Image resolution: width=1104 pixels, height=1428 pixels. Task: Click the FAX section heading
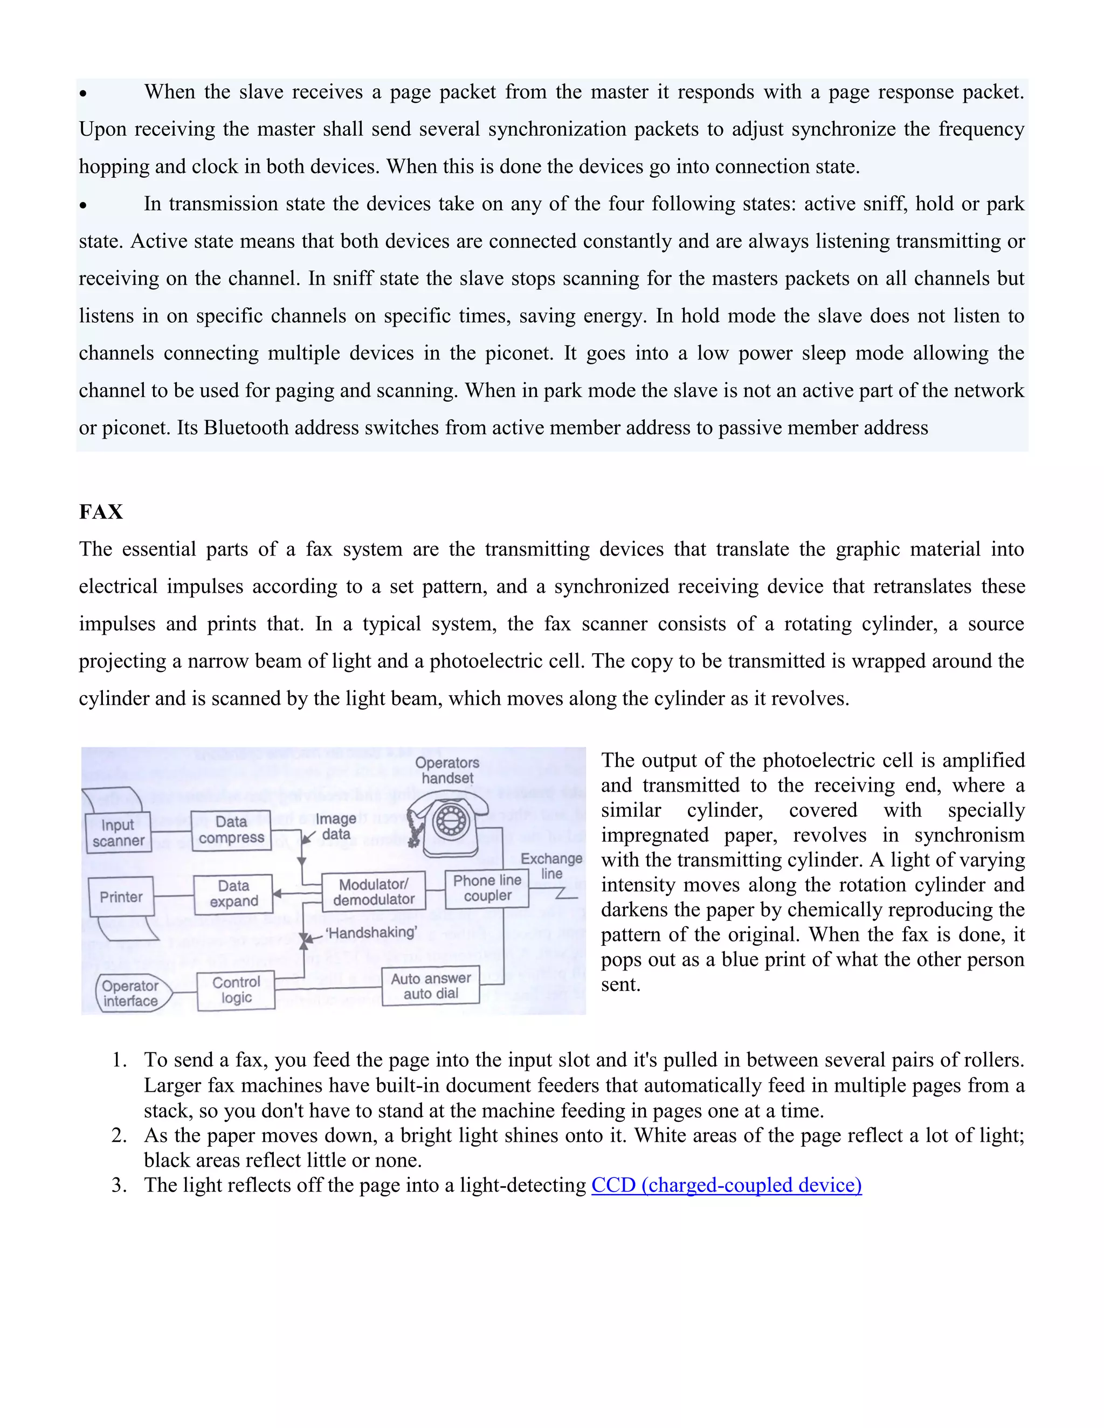point(101,511)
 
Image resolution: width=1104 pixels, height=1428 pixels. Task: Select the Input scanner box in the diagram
point(119,833)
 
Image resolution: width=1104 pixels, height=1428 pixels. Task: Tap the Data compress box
point(231,830)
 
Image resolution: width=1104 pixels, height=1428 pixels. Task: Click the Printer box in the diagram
point(121,897)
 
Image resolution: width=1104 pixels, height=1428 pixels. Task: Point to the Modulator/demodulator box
point(374,891)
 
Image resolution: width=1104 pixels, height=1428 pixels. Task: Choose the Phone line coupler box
point(487,889)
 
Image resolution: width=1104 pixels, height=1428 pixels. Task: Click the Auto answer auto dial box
point(430,986)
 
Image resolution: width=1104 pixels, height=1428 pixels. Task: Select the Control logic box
point(236,990)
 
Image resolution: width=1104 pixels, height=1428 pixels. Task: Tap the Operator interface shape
point(132,993)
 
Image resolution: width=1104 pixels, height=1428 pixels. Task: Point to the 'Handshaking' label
point(371,932)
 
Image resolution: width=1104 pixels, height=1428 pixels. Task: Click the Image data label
point(336,827)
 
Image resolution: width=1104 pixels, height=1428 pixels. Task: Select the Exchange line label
point(551,866)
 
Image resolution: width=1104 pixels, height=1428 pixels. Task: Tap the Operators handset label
point(447,770)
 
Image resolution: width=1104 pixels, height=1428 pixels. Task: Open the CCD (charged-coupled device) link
point(726,1185)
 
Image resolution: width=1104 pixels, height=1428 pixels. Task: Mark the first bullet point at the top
point(83,94)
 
